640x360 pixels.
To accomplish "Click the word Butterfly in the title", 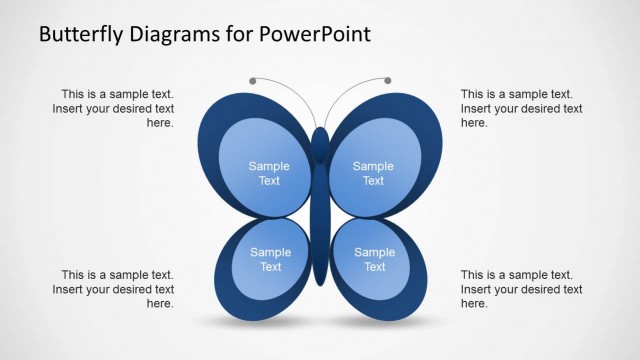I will (80, 34).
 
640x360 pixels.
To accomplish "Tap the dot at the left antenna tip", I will (253, 80).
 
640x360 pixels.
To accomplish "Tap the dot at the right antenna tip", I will (388, 80).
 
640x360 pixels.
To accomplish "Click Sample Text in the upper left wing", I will (269, 173).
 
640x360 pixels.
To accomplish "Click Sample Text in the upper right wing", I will (373, 173).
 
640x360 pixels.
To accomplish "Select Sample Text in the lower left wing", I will (270, 260).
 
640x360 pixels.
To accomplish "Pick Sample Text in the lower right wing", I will (374, 260).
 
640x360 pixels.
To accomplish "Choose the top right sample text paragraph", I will (521, 108).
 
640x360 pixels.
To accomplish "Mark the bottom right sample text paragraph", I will (521, 289).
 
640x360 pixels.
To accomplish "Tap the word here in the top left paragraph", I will (160, 123).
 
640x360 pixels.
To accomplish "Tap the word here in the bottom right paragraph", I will (474, 304).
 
